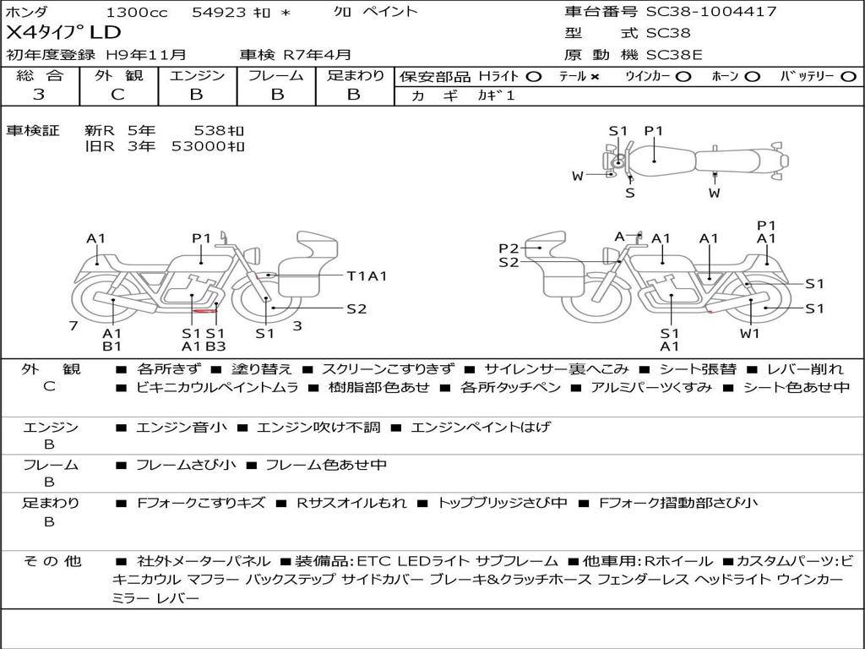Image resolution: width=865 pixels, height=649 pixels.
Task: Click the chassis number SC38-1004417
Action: point(711,11)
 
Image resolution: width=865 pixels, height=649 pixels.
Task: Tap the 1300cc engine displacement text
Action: point(136,12)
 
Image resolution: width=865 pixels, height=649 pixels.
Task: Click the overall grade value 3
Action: point(39,95)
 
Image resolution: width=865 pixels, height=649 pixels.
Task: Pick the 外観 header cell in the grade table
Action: point(118,75)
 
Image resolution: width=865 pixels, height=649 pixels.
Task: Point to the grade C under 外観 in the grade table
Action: point(118,95)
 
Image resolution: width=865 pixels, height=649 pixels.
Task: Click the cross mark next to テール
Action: point(595,77)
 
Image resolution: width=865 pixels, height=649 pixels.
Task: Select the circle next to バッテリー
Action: point(848,77)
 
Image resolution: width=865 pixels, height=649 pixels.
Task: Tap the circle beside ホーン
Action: point(753,77)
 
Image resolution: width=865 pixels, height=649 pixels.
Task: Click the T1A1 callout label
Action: point(367,276)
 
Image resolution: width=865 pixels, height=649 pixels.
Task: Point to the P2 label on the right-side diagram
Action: point(509,248)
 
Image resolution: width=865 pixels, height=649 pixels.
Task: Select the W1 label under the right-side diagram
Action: point(750,333)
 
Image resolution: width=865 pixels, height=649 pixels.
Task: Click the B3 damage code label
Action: point(215,346)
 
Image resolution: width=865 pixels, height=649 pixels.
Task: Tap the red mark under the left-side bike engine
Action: point(204,311)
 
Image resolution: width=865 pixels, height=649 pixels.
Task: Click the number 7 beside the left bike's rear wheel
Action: point(73,326)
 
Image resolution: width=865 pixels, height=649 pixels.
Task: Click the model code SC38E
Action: point(674,55)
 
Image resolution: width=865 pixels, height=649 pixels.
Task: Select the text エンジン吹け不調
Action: point(318,427)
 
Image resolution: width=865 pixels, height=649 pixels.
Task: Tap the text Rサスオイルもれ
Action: point(351,503)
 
